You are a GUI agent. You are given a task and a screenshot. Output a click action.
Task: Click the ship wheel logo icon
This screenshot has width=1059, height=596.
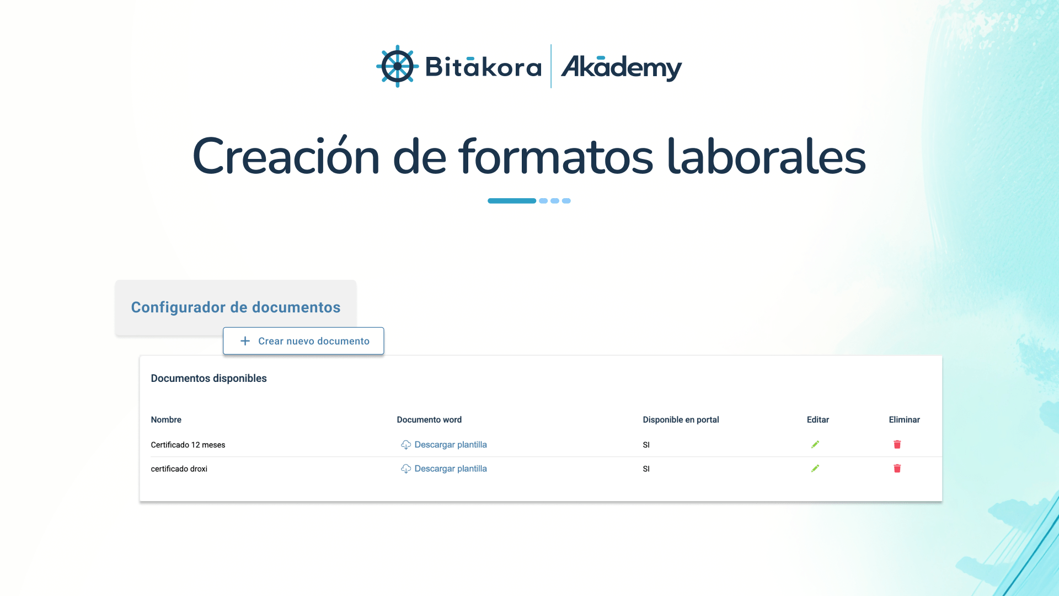pos(397,66)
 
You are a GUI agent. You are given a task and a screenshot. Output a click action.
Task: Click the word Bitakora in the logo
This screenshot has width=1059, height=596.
pos(483,67)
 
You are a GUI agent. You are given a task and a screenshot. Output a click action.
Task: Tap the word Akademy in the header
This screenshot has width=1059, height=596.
pos(622,67)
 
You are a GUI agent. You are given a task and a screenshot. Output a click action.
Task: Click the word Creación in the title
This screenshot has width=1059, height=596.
pos(286,156)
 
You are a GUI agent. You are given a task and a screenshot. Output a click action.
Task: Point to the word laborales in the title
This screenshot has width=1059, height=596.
pos(767,156)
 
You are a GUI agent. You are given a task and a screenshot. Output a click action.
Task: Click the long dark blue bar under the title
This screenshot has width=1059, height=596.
pos(512,201)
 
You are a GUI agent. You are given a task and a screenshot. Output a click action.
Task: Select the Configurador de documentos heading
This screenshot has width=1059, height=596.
pos(236,307)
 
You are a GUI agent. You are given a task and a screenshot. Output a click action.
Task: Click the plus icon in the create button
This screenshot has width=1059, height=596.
pos(245,341)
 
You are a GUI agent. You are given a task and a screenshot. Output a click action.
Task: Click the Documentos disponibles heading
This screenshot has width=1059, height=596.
pos(208,379)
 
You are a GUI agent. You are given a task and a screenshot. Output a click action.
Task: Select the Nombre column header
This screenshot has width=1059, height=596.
pos(166,420)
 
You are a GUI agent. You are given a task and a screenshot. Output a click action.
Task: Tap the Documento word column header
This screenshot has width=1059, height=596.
pos(429,420)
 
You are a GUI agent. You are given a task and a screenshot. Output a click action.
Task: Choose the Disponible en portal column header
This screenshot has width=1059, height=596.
pos(681,420)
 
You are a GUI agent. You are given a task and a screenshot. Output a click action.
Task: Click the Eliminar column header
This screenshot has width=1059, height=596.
pos(904,420)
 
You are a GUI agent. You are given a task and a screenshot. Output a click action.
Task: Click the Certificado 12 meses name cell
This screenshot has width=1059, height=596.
pos(188,445)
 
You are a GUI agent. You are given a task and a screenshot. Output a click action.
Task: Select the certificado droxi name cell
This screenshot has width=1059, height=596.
pos(179,469)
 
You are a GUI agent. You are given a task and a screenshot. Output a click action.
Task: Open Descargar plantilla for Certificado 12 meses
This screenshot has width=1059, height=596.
pos(451,445)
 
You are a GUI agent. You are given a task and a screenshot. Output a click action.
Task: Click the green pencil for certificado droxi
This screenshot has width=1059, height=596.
pos(815,469)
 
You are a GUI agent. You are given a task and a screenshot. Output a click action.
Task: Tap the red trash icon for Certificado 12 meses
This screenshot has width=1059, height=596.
pos(897,444)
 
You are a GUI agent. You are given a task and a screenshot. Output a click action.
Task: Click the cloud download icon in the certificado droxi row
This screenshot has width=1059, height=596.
pos(406,469)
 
